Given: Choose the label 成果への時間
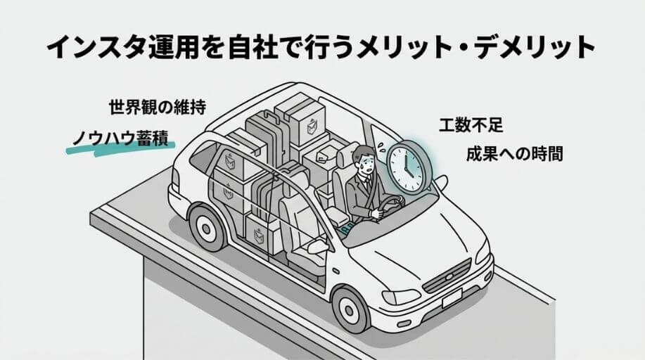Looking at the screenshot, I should (x=514, y=154).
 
